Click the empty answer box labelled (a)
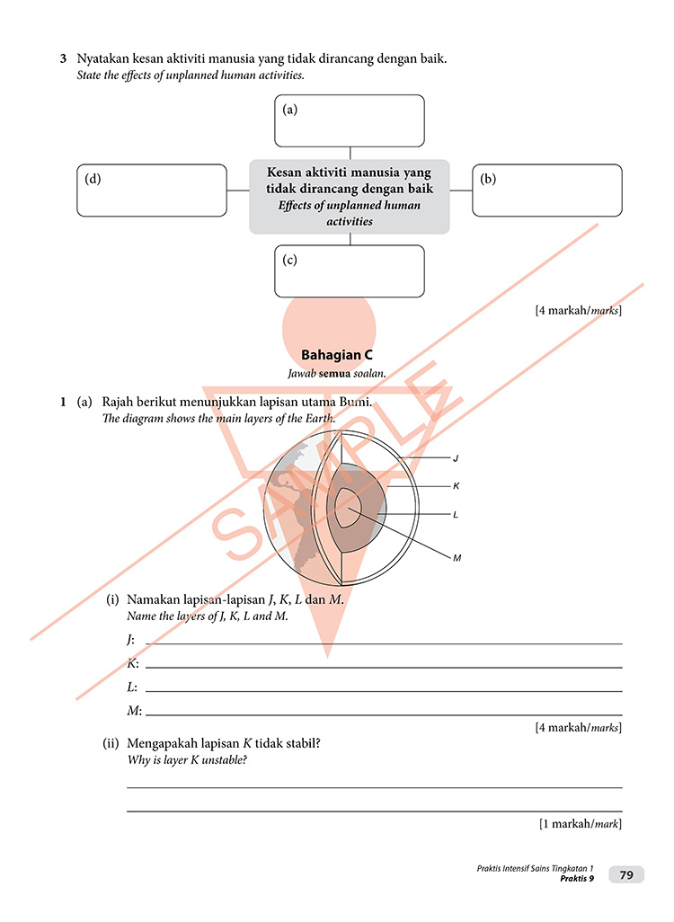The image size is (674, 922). (349, 120)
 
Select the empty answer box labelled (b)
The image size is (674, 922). (546, 191)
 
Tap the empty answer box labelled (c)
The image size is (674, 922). (349, 270)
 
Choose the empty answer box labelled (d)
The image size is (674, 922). (152, 191)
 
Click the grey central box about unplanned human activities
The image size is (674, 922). (349, 196)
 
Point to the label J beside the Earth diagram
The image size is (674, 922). (456, 458)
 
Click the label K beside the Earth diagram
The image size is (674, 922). (456, 486)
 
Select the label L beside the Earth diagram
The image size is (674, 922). (456, 515)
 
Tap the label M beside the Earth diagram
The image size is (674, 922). (457, 558)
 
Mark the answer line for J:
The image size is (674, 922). (384, 643)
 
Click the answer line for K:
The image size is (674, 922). (384, 666)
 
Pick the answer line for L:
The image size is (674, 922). (384, 689)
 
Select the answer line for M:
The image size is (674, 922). (384, 714)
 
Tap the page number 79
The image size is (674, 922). (626, 874)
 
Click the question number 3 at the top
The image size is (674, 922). (64, 59)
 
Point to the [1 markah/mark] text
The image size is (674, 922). (580, 823)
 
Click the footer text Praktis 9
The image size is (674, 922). (576, 879)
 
